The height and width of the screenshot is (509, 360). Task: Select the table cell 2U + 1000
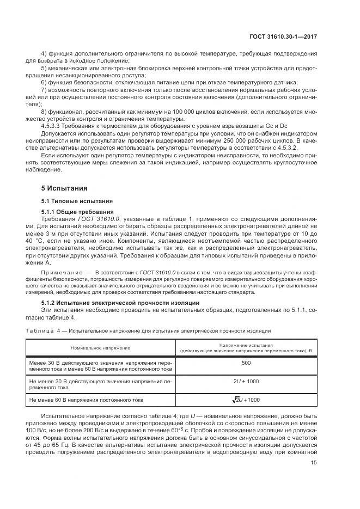coord(246,382)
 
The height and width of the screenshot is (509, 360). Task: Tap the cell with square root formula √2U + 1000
coord(246,400)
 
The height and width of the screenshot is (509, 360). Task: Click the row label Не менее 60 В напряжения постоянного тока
coord(87,400)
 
